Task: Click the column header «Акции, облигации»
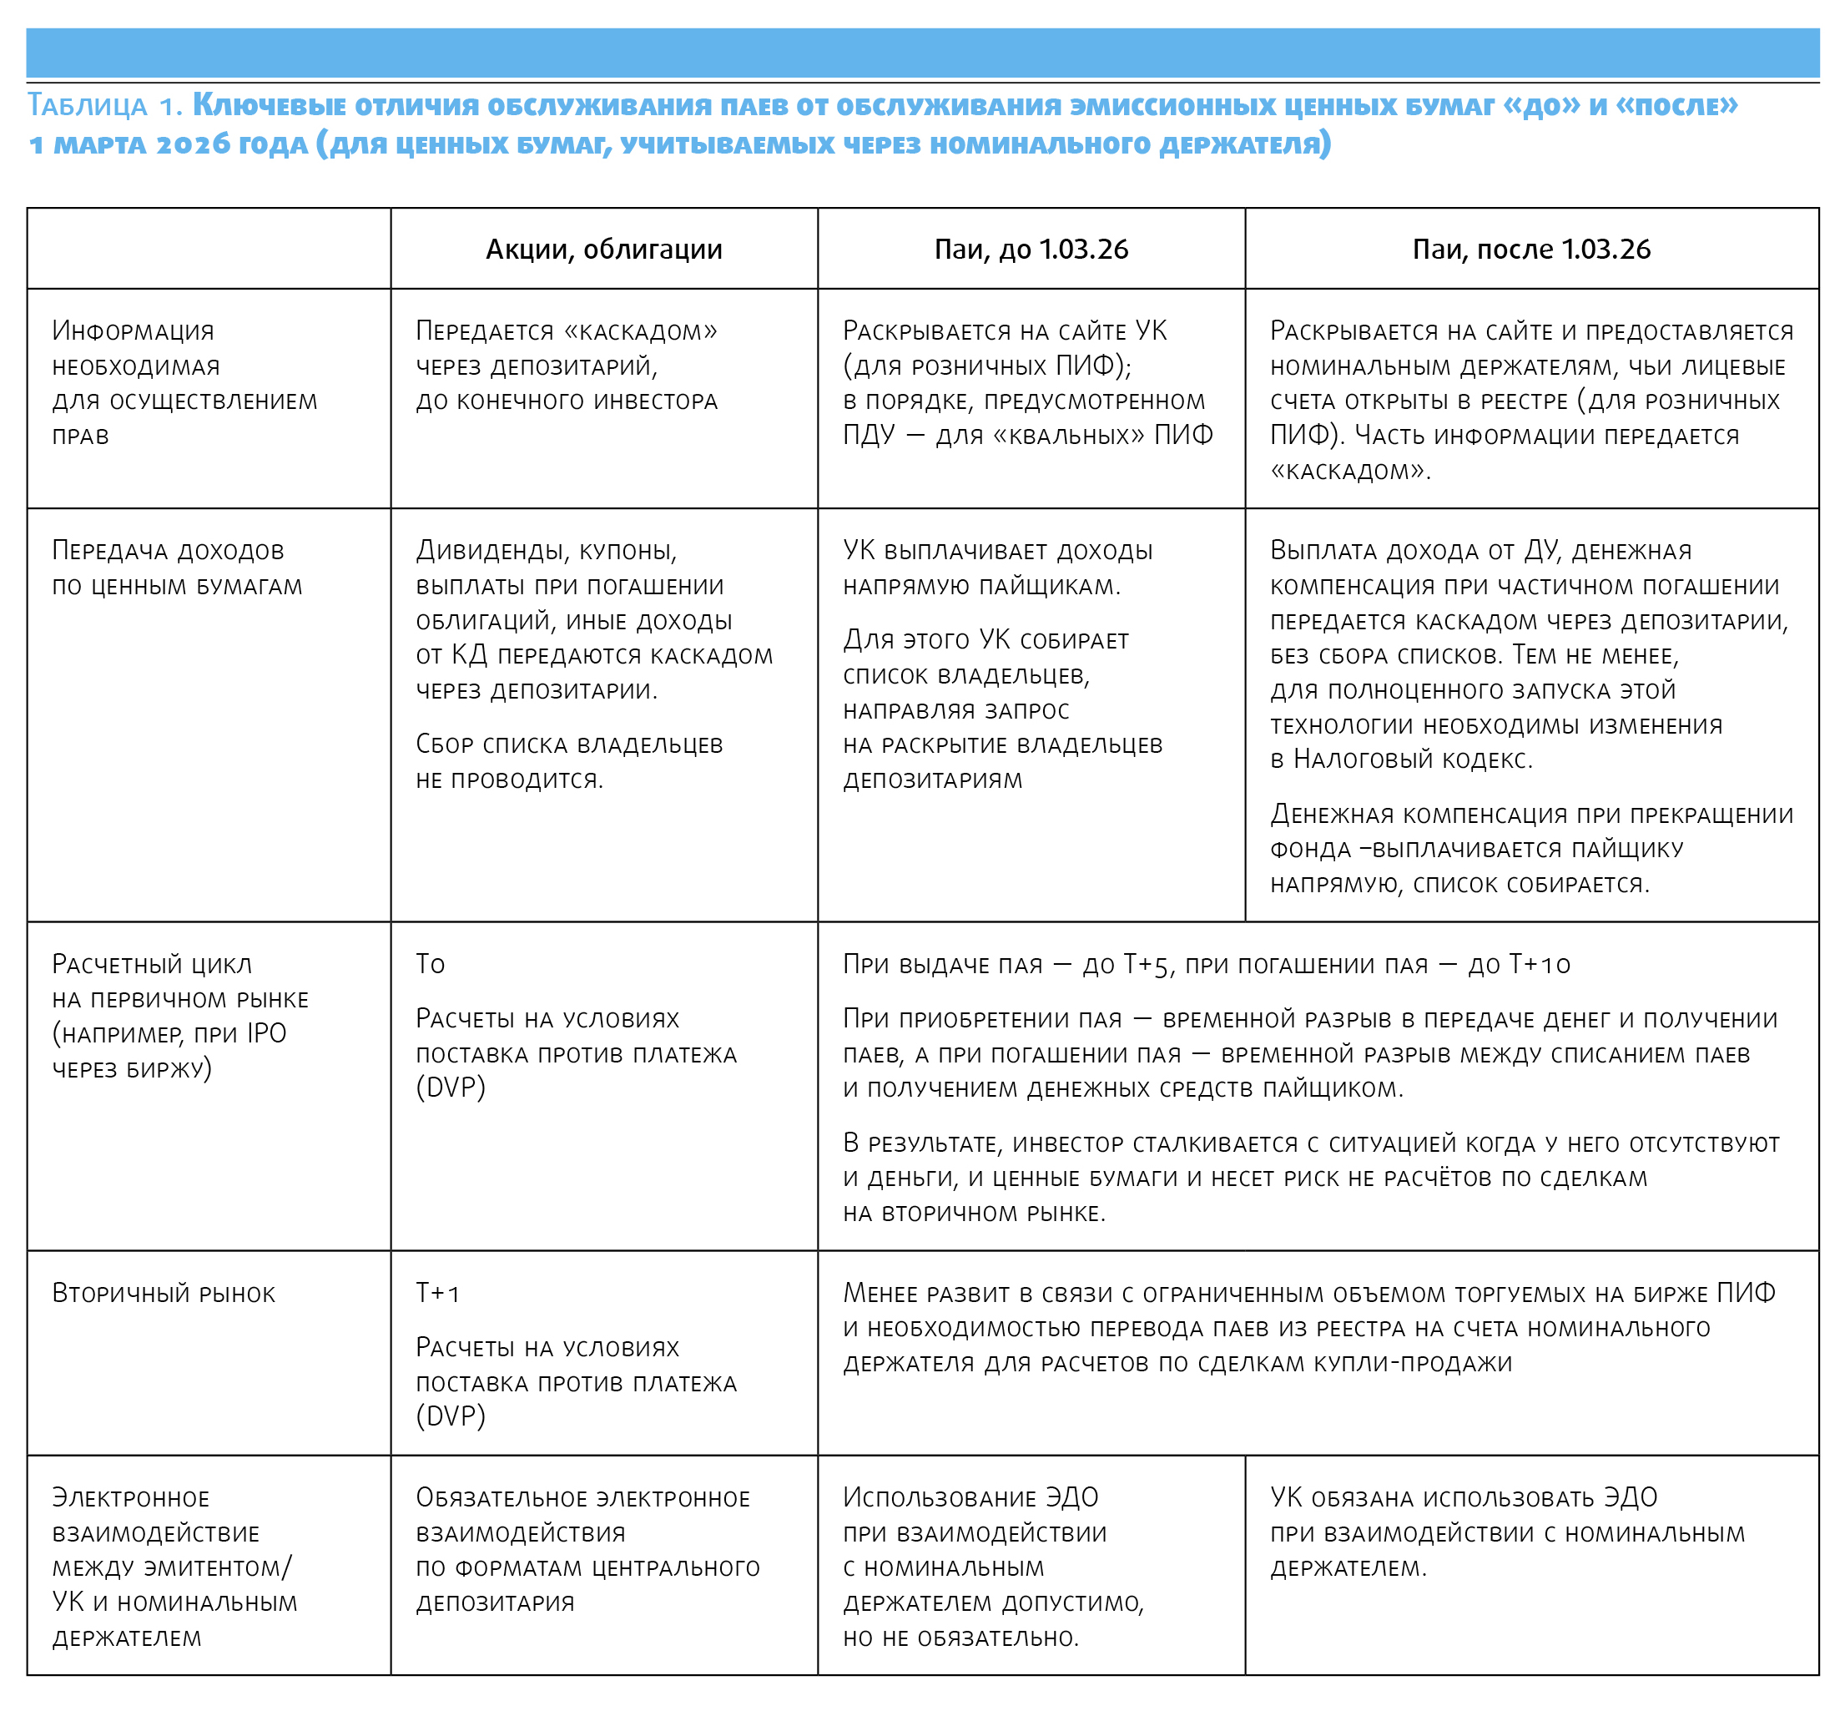(603, 249)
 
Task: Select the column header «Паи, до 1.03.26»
(1031, 249)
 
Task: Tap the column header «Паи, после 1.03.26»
(1531, 249)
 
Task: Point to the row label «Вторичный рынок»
(163, 1294)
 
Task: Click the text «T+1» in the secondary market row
(437, 1294)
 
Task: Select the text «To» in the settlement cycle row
(430, 964)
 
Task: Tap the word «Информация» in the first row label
(133, 331)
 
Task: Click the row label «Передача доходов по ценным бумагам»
(177, 568)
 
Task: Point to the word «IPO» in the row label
(267, 1033)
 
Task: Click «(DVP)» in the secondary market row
(450, 1416)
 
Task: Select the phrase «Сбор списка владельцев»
(568, 744)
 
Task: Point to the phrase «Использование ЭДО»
(970, 1497)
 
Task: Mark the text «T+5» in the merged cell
(1148, 965)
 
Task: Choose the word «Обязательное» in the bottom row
(500, 1497)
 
